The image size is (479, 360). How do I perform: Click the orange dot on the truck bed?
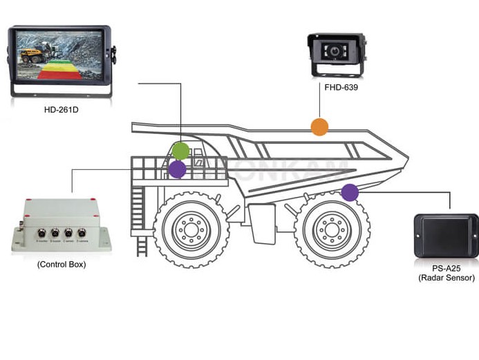click(x=319, y=126)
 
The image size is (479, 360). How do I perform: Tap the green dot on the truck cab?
click(x=180, y=151)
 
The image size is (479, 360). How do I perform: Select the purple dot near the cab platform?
click(x=178, y=169)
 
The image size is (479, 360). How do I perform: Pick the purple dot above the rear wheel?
click(x=350, y=192)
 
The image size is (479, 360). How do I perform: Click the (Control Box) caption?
click(x=61, y=265)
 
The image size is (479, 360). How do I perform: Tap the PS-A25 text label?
click(x=446, y=268)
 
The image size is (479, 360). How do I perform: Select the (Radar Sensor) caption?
click(x=446, y=278)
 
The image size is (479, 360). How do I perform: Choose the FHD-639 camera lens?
click(x=336, y=53)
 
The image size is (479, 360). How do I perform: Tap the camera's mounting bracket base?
click(x=337, y=70)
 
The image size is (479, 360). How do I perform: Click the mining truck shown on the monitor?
click(x=31, y=55)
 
